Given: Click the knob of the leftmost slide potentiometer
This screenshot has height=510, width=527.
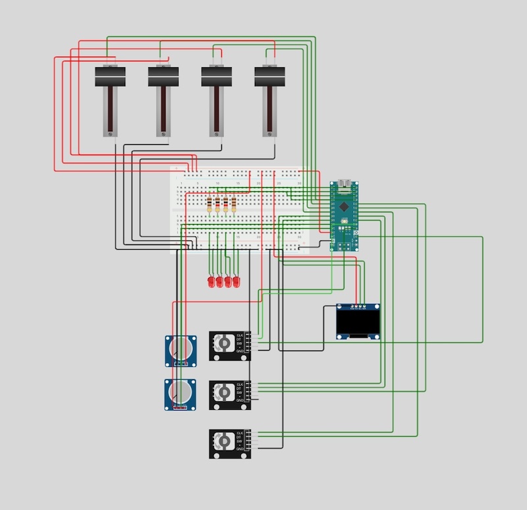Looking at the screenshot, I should pos(110,76).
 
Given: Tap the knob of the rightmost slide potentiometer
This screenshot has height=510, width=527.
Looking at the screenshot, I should pos(269,76).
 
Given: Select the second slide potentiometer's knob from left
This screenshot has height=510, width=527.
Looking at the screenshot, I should pos(163,76).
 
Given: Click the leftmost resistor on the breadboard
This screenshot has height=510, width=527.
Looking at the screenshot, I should pos(210,206).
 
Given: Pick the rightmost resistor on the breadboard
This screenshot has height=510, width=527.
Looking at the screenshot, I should pos(234,206).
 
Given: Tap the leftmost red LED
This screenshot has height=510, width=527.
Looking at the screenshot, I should pos(211,282).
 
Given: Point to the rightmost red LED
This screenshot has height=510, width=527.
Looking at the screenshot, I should pos(236,282).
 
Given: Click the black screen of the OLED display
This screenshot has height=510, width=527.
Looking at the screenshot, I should pos(358,323).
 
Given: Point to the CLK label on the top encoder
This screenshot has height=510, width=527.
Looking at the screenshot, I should pos(240,335).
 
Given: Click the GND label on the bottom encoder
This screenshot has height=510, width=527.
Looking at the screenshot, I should pos(240,451).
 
